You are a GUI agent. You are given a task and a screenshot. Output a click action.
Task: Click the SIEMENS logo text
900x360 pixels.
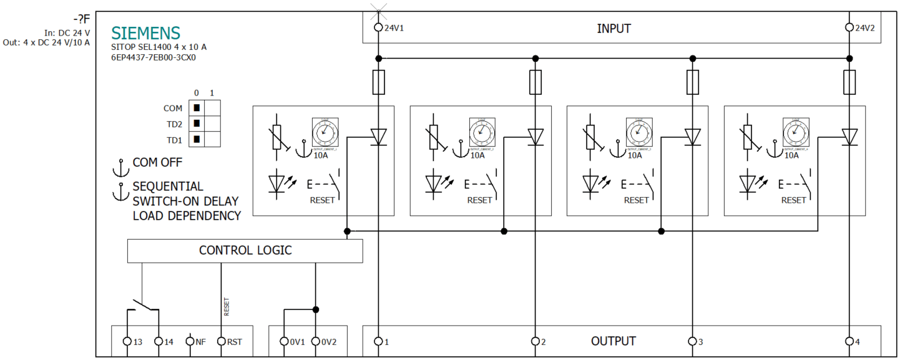click(145, 33)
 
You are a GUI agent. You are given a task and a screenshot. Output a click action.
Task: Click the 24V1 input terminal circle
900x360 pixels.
click(378, 27)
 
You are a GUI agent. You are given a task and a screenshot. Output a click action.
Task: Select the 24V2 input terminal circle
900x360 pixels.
click(849, 27)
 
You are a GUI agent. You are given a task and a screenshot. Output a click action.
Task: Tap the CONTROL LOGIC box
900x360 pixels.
click(245, 251)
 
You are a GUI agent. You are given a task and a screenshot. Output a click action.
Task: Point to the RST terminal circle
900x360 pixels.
click(221, 341)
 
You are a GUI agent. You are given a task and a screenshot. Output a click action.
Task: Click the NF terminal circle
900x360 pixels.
click(190, 341)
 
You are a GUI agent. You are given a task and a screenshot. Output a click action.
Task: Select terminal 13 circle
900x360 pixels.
click(127, 341)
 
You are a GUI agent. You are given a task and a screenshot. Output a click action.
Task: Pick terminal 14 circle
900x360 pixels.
click(159, 341)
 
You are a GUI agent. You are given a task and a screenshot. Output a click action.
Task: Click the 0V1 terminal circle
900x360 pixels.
click(284, 341)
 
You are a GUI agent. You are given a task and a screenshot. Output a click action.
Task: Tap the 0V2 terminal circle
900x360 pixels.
click(315, 341)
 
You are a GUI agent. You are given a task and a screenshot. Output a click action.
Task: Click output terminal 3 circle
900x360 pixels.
click(692, 341)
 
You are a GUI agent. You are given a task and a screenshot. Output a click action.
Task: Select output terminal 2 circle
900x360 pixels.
click(535, 341)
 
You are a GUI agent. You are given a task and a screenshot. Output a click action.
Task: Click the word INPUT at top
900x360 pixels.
click(614, 29)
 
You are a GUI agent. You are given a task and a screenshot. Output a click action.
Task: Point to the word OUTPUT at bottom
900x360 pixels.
click(613, 341)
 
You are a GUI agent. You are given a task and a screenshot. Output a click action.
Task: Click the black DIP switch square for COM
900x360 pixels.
click(196, 109)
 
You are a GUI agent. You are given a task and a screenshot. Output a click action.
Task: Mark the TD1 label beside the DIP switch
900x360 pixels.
click(174, 139)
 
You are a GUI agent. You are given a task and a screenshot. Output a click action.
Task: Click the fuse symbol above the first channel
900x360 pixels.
click(378, 82)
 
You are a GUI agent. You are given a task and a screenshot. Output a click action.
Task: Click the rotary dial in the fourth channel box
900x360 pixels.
click(794, 132)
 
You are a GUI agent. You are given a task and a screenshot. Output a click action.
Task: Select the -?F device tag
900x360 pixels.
click(81, 19)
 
